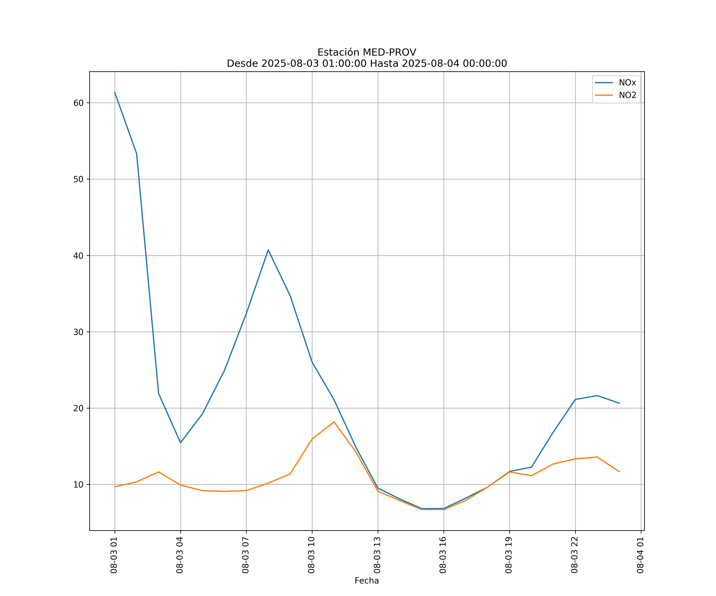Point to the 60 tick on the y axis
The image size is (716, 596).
coord(78,103)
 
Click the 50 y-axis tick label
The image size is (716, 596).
coord(78,179)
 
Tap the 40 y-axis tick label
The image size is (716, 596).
coord(78,255)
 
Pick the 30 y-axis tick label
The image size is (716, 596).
coord(78,332)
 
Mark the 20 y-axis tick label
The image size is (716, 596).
coord(78,408)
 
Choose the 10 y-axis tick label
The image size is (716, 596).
coord(78,484)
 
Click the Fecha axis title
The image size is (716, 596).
coord(367,581)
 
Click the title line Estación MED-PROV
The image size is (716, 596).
coord(367,52)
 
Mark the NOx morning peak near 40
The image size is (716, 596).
coord(268,250)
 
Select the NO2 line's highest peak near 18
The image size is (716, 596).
coord(334,422)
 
